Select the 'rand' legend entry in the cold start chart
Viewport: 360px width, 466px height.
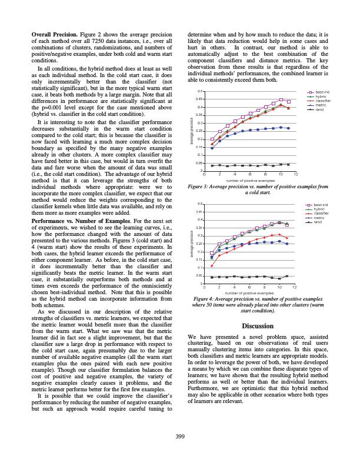coord(319,109)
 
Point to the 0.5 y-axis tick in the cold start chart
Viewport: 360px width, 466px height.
coord(200,92)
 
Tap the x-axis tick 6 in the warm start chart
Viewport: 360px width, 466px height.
coord(250,287)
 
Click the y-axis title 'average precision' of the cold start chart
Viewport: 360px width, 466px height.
coord(192,131)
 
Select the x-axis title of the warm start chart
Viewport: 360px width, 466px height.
coord(250,292)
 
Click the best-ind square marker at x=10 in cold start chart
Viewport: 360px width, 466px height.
coord(281,100)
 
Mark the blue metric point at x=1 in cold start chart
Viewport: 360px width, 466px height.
coord(212,148)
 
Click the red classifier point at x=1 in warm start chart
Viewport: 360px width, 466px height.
coord(212,266)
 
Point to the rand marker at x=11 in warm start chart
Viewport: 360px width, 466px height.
coord(287,275)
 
